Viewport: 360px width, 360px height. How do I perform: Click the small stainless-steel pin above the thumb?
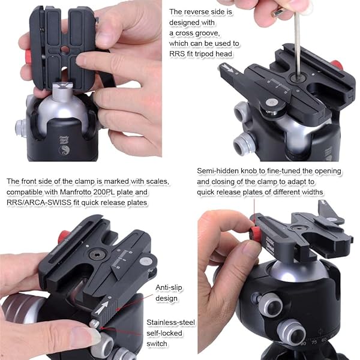(x=94, y=325)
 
